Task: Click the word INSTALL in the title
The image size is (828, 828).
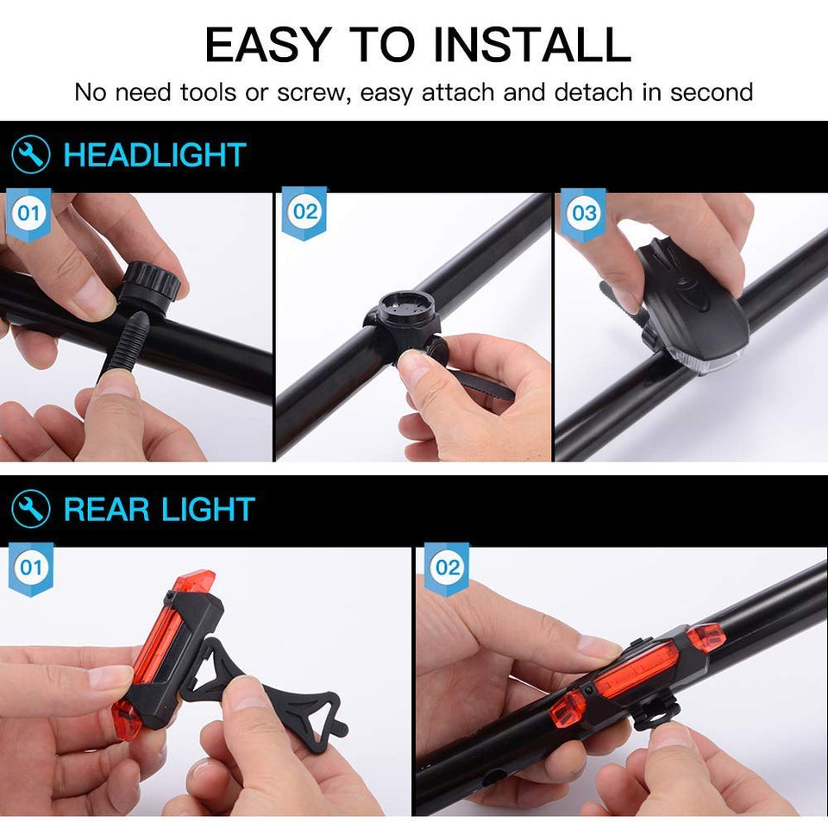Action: coord(532,45)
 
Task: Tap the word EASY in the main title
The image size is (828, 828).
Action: coord(268,45)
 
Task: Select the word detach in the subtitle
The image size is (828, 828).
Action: coord(593,92)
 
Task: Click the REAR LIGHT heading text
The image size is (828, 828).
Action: coord(159,509)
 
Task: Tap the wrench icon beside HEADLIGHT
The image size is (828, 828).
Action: coord(31,154)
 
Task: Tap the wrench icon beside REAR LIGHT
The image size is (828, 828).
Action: coord(31,509)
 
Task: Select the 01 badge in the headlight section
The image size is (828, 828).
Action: coord(28,213)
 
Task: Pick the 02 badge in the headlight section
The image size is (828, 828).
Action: coord(304,212)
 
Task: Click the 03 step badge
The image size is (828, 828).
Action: coord(584,213)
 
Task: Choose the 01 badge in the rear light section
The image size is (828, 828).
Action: coord(31,568)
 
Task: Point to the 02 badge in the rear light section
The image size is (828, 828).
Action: coord(448,568)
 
